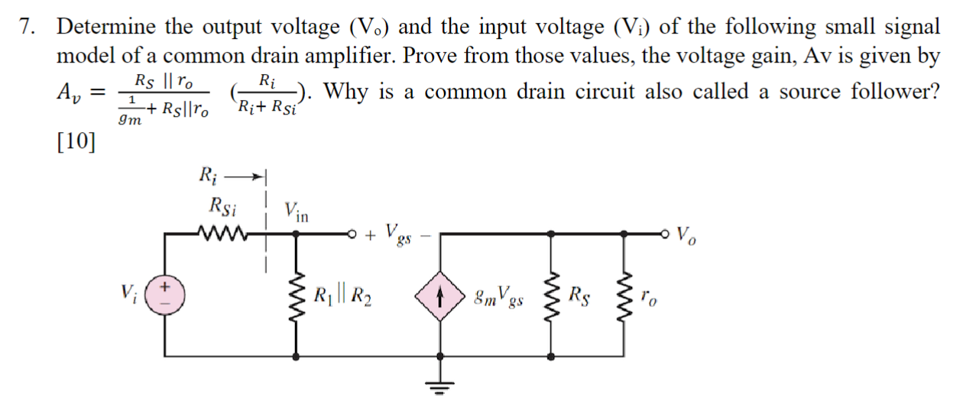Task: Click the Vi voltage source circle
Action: (167, 295)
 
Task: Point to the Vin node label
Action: (296, 211)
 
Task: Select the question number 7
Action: (28, 27)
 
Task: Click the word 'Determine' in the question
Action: (106, 27)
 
